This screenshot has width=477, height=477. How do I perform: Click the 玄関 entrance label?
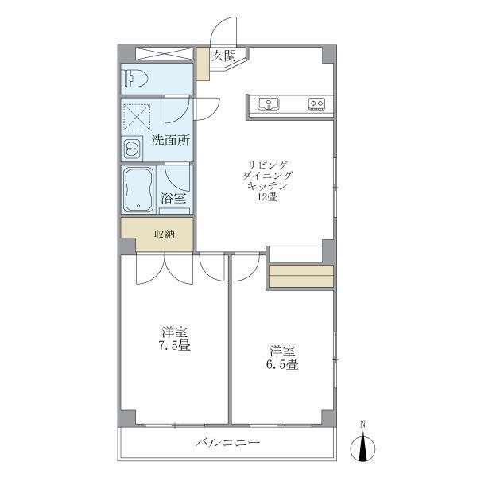(x=223, y=56)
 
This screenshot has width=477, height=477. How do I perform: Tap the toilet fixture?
(x=136, y=79)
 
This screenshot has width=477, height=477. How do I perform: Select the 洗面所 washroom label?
(x=171, y=142)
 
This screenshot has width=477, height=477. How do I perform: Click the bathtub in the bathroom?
(x=140, y=190)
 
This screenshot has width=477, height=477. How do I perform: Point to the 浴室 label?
(x=173, y=198)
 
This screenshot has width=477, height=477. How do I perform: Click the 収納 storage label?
(x=164, y=235)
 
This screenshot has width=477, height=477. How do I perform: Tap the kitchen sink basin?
(x=267, y=103)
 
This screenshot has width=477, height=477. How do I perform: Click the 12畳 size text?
(x=267, y=197)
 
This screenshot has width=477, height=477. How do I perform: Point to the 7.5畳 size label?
(x=174, y=346)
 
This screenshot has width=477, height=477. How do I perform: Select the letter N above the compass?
(x=363, y=423)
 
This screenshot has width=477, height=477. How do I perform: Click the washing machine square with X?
(x=136, y=117)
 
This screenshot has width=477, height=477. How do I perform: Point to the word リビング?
(x=268, y=164)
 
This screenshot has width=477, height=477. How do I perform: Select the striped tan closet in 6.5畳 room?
(x=301, y=275)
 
